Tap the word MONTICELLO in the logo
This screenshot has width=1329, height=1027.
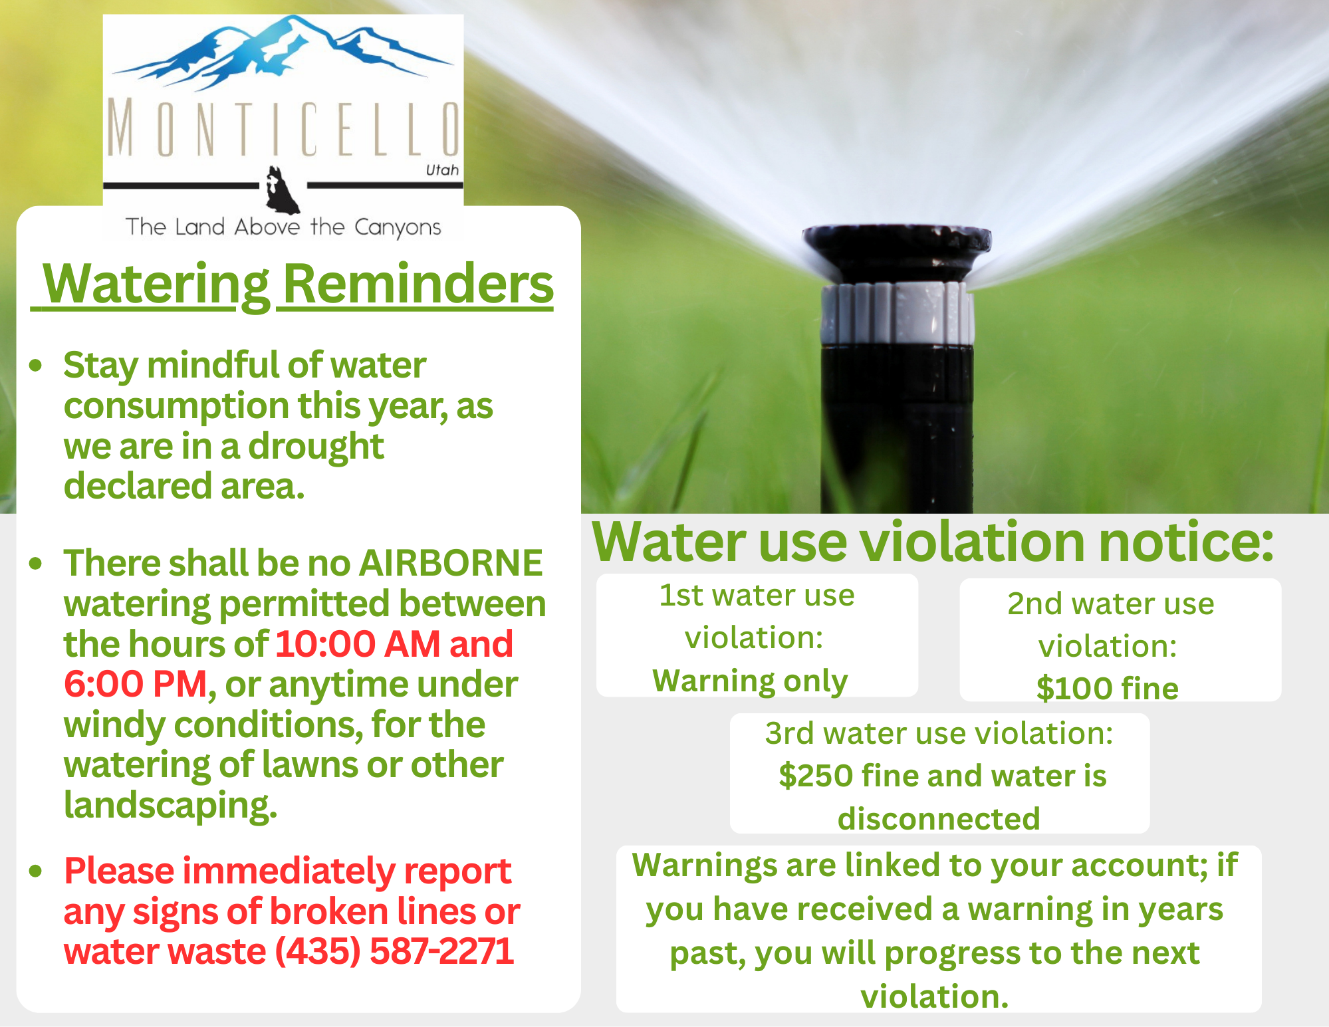coord(283,128)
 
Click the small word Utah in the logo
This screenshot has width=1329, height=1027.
coord(442,170)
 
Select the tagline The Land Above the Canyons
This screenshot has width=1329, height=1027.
coord(283,227)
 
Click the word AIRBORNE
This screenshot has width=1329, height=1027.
coord(451,563)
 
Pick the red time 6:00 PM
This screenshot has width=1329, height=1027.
coord(136,684)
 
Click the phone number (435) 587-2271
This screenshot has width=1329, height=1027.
coord(394,951)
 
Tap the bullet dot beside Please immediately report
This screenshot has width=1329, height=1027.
coord(36,871)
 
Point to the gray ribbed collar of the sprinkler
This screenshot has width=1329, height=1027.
coord(897,312)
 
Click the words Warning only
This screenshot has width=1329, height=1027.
coord(750,681)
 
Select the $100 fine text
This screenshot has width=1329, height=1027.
coord(1107,688)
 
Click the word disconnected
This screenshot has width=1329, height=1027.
coord(939,819)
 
